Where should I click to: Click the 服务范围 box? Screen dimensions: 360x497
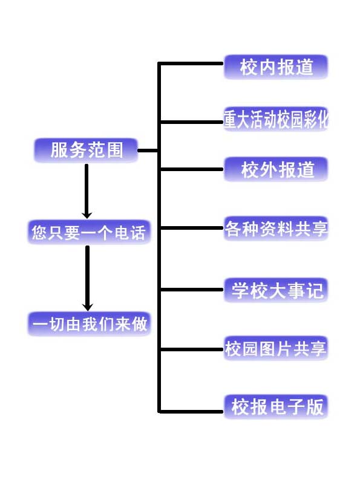pos(86,150)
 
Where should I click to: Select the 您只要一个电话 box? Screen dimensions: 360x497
pos(89,232)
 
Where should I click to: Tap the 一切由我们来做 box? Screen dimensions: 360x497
pos(89,324)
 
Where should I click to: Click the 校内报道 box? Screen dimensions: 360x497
pos(276,67)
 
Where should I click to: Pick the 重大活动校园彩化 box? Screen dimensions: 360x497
pos(276,119)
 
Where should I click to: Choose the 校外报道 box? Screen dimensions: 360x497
pos(276,169)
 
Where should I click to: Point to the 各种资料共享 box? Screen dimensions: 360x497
pos(276,229)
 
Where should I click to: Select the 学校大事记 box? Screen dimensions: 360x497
pos(276,290)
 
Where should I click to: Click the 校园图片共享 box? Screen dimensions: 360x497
pos(276,348)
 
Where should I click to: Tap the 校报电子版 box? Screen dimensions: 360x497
pos(276,407)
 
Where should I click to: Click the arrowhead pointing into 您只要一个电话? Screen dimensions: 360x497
pos(87,215)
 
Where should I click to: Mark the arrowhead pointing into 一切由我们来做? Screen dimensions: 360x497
pos(87,307)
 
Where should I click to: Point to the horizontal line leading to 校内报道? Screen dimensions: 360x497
pos(191,63)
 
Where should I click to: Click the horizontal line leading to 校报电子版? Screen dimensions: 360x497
pos(191,412)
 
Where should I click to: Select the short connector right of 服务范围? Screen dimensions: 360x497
pos(148,151)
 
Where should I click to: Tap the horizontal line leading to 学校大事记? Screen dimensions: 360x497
pos(192,290)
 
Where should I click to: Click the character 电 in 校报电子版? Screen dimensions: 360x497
pos(277,407)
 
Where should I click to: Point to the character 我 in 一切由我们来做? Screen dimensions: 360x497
pos(90,324)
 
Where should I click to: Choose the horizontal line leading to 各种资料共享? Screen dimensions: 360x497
pos(192,228)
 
